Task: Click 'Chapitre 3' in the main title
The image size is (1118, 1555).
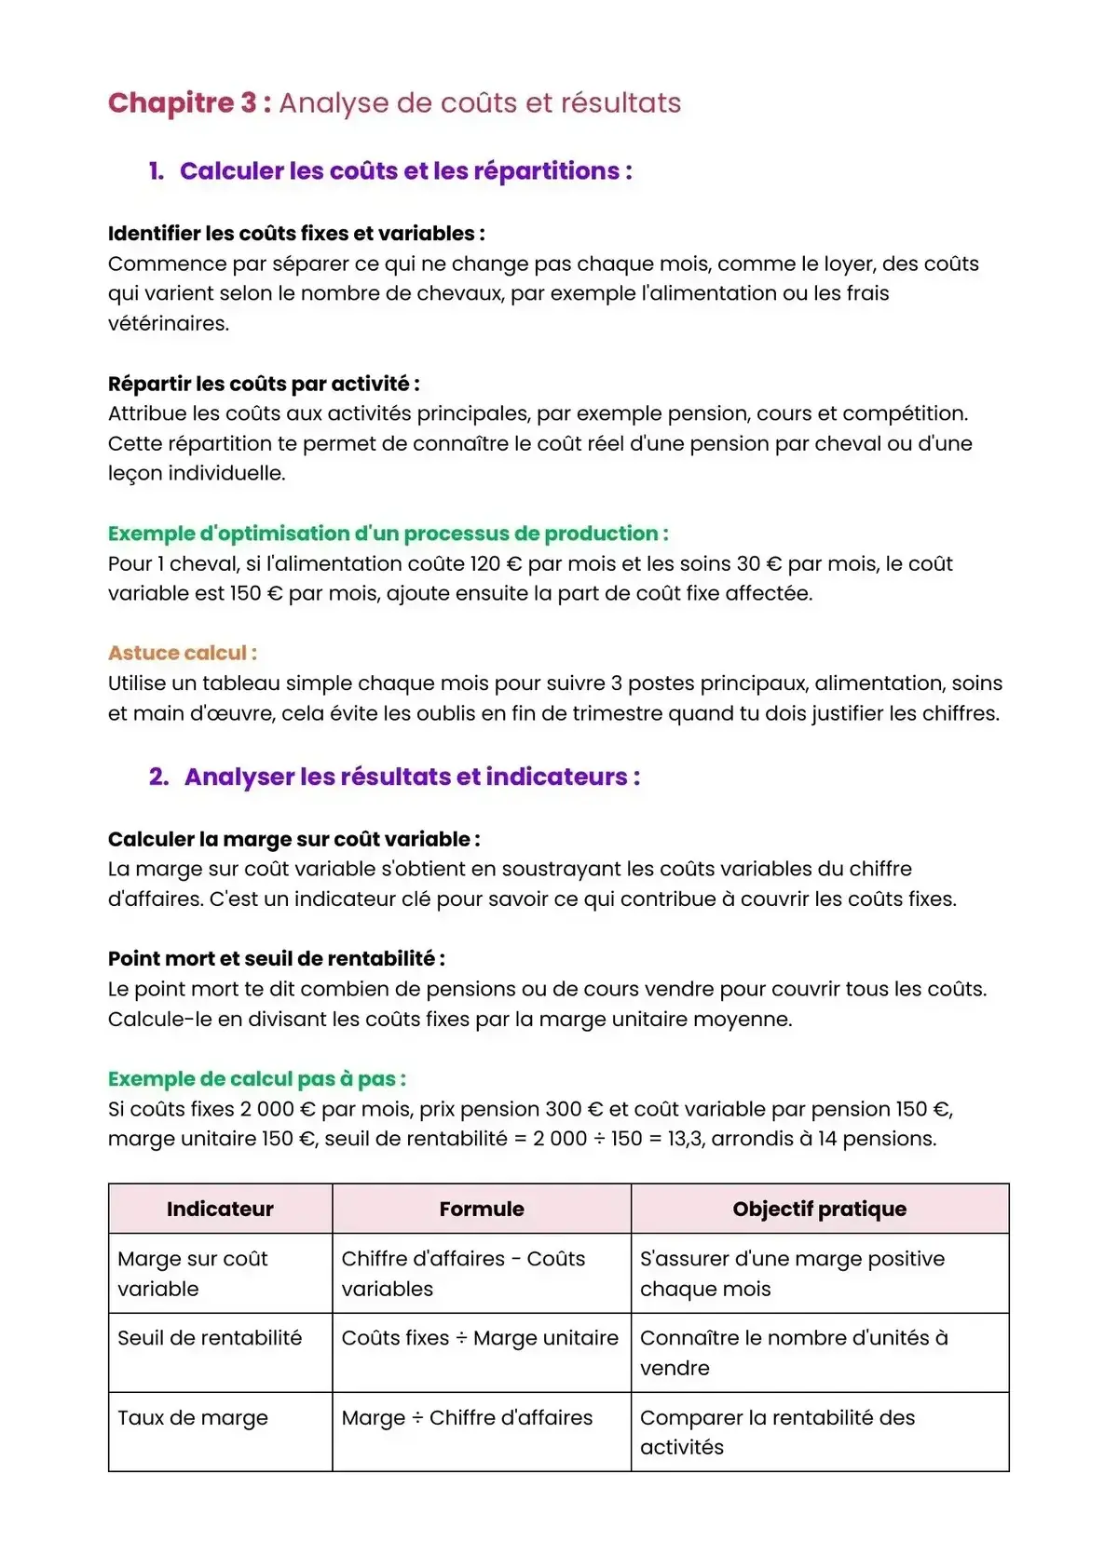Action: [x=183, y=102]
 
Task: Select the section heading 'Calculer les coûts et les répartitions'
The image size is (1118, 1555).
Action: [x=405, y=171]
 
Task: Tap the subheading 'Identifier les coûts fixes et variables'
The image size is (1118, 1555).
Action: [x=295, y=234]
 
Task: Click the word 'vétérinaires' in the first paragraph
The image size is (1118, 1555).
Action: [x=169, y=324]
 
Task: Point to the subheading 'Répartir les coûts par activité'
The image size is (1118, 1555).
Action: [x=263, y=384]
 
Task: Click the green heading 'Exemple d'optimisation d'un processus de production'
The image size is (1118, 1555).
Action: [x=388, y=534]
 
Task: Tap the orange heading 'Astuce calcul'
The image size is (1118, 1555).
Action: [x=182, y=653]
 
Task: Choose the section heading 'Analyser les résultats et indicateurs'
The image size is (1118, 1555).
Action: [x=411, y=777]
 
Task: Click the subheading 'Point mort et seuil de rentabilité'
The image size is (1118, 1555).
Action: [x=276, y=958]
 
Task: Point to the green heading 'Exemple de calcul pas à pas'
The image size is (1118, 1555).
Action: [x=256, y=1078]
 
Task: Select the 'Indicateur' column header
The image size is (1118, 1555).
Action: [x=220, y=1209]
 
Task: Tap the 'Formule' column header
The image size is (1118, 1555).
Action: [x=482, y=1209]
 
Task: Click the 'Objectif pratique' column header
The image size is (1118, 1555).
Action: [x=819, y=1209]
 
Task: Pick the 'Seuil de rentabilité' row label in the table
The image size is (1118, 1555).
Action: [x=210, y=1338]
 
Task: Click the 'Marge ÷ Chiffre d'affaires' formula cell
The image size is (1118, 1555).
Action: [x=467, y=1417]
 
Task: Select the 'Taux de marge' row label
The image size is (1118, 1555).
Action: [x=193, y=1417]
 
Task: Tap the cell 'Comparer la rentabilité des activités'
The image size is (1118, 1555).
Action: [x=777, y=1431]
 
